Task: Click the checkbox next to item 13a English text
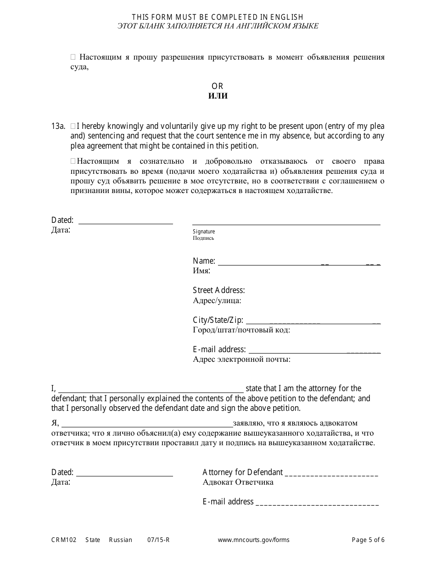pos(73,126)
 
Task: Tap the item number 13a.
pos(58,126)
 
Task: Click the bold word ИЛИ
pos(218,96)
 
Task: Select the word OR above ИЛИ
pos(218,86)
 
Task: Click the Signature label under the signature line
pos(204,232)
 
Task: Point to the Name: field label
pos(204,261)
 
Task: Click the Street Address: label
pos(218,290)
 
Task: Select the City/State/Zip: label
pos(218,320)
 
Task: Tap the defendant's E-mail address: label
pos(219,349)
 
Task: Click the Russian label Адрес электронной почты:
pos(241,359)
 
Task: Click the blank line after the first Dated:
pos(126,221)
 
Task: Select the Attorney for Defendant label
pos(242,472)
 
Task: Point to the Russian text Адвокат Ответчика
pos(238,482)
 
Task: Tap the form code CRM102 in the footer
pos(62,540)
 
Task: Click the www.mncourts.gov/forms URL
pos(253,540)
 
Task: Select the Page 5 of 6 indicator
pos(368,540)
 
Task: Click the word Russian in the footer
pos(120,540)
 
